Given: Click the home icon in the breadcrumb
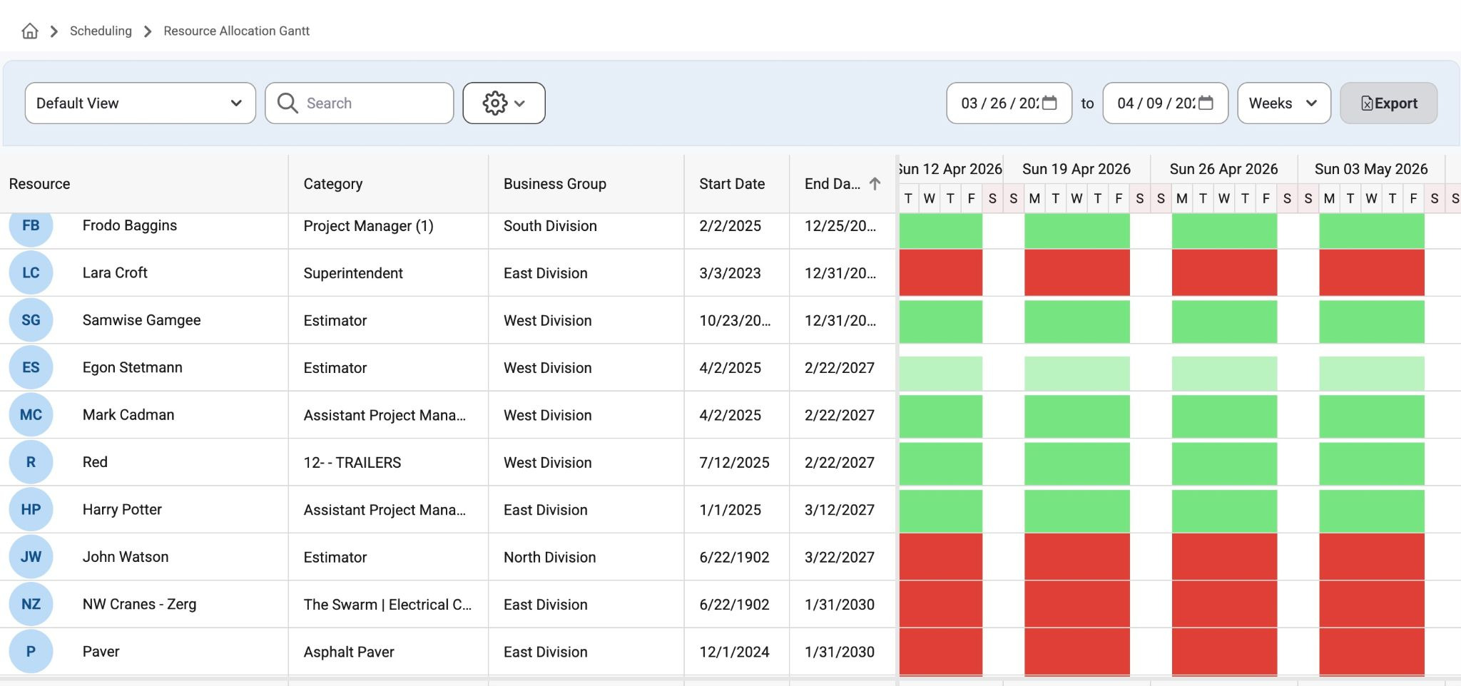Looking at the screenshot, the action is [x=30, y=31].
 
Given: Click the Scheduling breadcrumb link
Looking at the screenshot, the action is [x=101, y=31].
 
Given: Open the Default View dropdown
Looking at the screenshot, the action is [x=141, y=103].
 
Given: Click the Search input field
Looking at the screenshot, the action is [x=360, y=103].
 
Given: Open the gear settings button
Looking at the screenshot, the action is [x=504, y=103].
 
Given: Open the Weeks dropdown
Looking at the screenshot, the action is [x=1283, y=103].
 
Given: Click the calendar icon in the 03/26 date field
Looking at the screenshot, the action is [x=1049, y=103].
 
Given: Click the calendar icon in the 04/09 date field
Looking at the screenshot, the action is [x=1206, y=103].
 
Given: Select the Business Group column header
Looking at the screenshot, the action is [x=555, y=184].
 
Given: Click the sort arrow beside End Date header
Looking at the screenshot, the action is [x=875, y=184].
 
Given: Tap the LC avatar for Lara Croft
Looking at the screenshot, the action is [x=31, y=272].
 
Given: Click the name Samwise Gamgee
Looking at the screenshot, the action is [x=141, y=320].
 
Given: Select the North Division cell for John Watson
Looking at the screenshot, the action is [x=549, y=557].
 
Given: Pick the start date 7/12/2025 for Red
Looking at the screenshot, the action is [x=734, y=462].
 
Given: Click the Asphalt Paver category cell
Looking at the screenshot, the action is [x=349, y=652].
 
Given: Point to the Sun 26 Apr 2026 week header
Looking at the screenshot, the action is [x=1223, y=169].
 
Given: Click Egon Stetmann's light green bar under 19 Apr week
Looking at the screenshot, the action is [x=1077, y=373].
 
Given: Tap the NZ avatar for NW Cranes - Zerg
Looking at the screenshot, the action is [x=31, y=604].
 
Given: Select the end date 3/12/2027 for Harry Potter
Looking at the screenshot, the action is [x=840, y=510].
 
